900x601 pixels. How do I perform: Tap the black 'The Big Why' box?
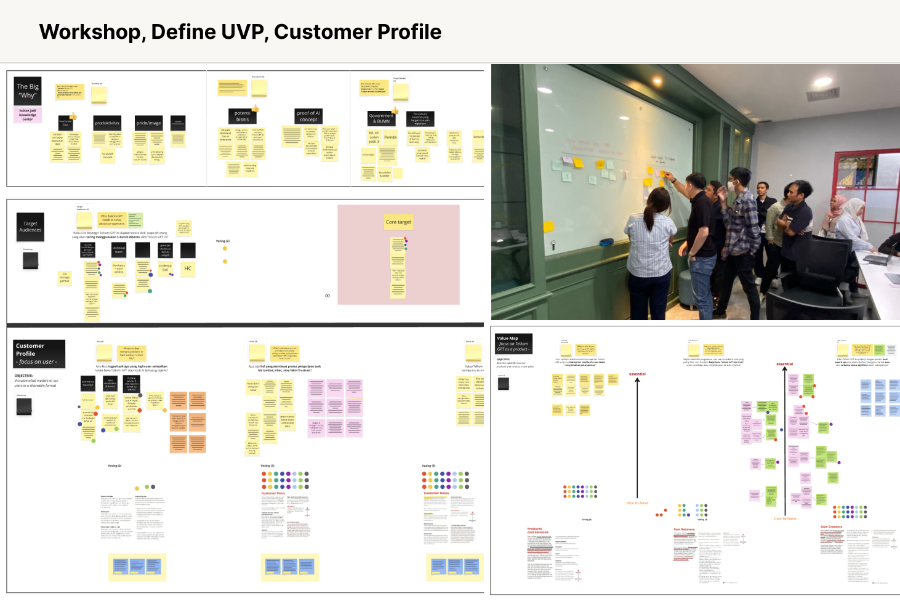click(28, 91)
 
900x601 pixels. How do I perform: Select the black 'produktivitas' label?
click(107, 123)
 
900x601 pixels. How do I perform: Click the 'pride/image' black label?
click(148, 123)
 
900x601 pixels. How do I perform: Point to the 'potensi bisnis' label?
click(243, 116)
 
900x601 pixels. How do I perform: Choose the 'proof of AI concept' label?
click(308, 116)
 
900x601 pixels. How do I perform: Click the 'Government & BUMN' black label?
click(382, 118)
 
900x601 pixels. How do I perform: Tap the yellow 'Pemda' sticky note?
click(390, 137)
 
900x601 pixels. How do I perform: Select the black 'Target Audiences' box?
click(30, 227)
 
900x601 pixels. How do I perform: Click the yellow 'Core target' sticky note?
click(398, 222)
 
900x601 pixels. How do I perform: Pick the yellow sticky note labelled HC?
click(188, 268)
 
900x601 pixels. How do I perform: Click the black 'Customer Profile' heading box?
click(39, 353)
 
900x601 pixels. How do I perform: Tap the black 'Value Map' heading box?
click(513, 344)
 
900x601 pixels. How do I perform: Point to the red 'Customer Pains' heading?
click(273, 493)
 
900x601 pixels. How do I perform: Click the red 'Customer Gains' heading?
click(436, 493)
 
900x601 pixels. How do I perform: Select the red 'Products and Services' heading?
click(535, 530)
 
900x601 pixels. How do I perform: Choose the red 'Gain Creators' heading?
click(831, 526)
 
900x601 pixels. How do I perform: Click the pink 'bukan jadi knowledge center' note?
click(28, 115)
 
